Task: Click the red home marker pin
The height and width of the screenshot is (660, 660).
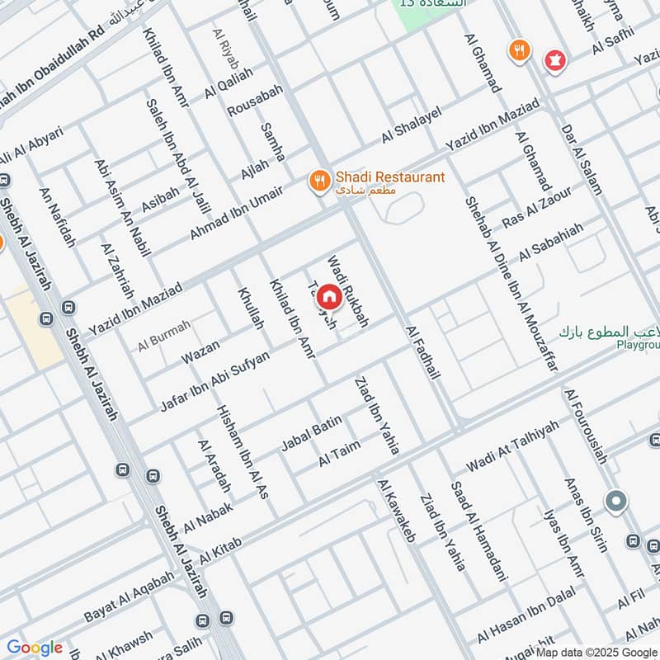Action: click(328, 296)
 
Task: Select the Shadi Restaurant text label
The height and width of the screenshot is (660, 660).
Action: click(389, 177)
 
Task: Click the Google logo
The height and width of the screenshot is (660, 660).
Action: click(35, 648)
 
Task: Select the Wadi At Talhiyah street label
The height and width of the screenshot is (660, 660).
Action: click(512, 447)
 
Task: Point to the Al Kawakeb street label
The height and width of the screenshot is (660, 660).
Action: click(397, 511)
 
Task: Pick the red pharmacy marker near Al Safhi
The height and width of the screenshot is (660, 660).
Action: click(554, 59)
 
